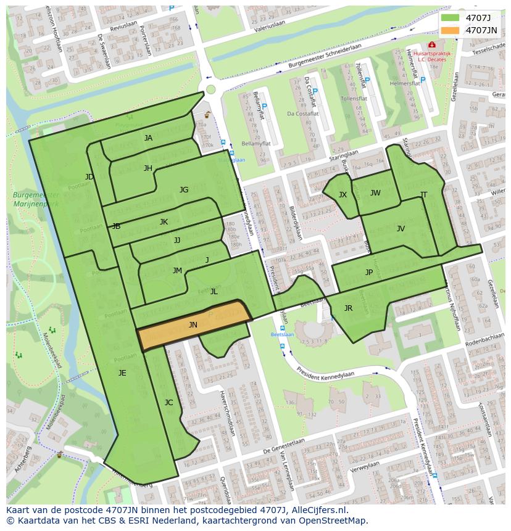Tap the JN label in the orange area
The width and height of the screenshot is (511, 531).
pos(193,325)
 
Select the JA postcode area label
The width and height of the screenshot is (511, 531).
pos(148,138)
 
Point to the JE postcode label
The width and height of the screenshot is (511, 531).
pos(122,373)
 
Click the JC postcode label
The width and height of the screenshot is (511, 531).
pos(168,403)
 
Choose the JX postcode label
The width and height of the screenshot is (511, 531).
pos(343,195)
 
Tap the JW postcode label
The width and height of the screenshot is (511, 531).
pos(375,193)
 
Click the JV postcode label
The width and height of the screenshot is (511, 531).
pos(401,229)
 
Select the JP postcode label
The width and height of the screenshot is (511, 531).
pos(369,273)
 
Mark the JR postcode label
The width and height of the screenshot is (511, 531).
pos(348,308)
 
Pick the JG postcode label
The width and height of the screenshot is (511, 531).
pos(184,190)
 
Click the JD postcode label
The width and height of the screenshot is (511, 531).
pos(89,177)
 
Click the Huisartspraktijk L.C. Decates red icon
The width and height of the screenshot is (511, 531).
pos(431,45)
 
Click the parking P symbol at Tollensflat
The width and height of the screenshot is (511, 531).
pos(368,80)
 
